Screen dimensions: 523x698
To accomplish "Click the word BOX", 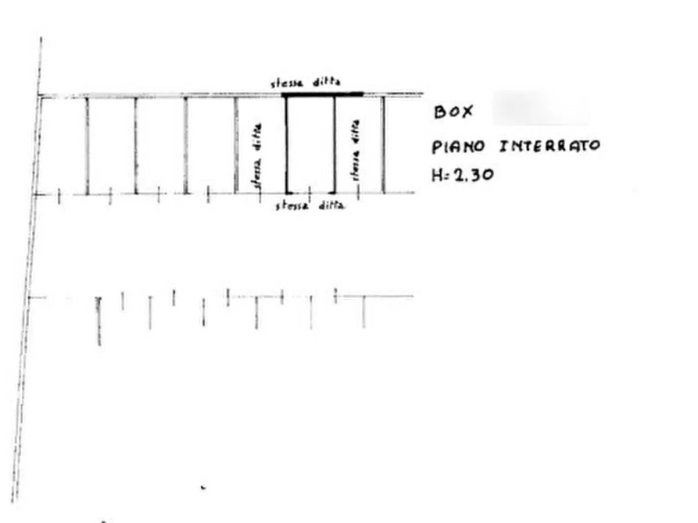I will tap(453, 112).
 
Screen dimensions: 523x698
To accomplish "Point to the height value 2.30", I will tap(472, 176).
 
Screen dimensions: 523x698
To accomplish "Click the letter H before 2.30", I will tap(436, 176).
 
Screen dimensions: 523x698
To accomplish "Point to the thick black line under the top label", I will tap(322, 94).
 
